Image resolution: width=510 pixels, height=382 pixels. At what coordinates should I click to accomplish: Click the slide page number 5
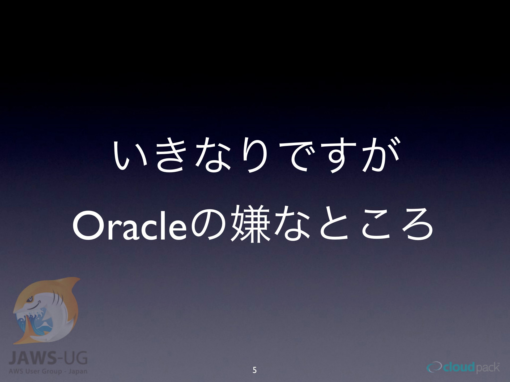255,370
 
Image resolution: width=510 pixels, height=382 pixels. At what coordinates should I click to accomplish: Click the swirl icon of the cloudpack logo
434,368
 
